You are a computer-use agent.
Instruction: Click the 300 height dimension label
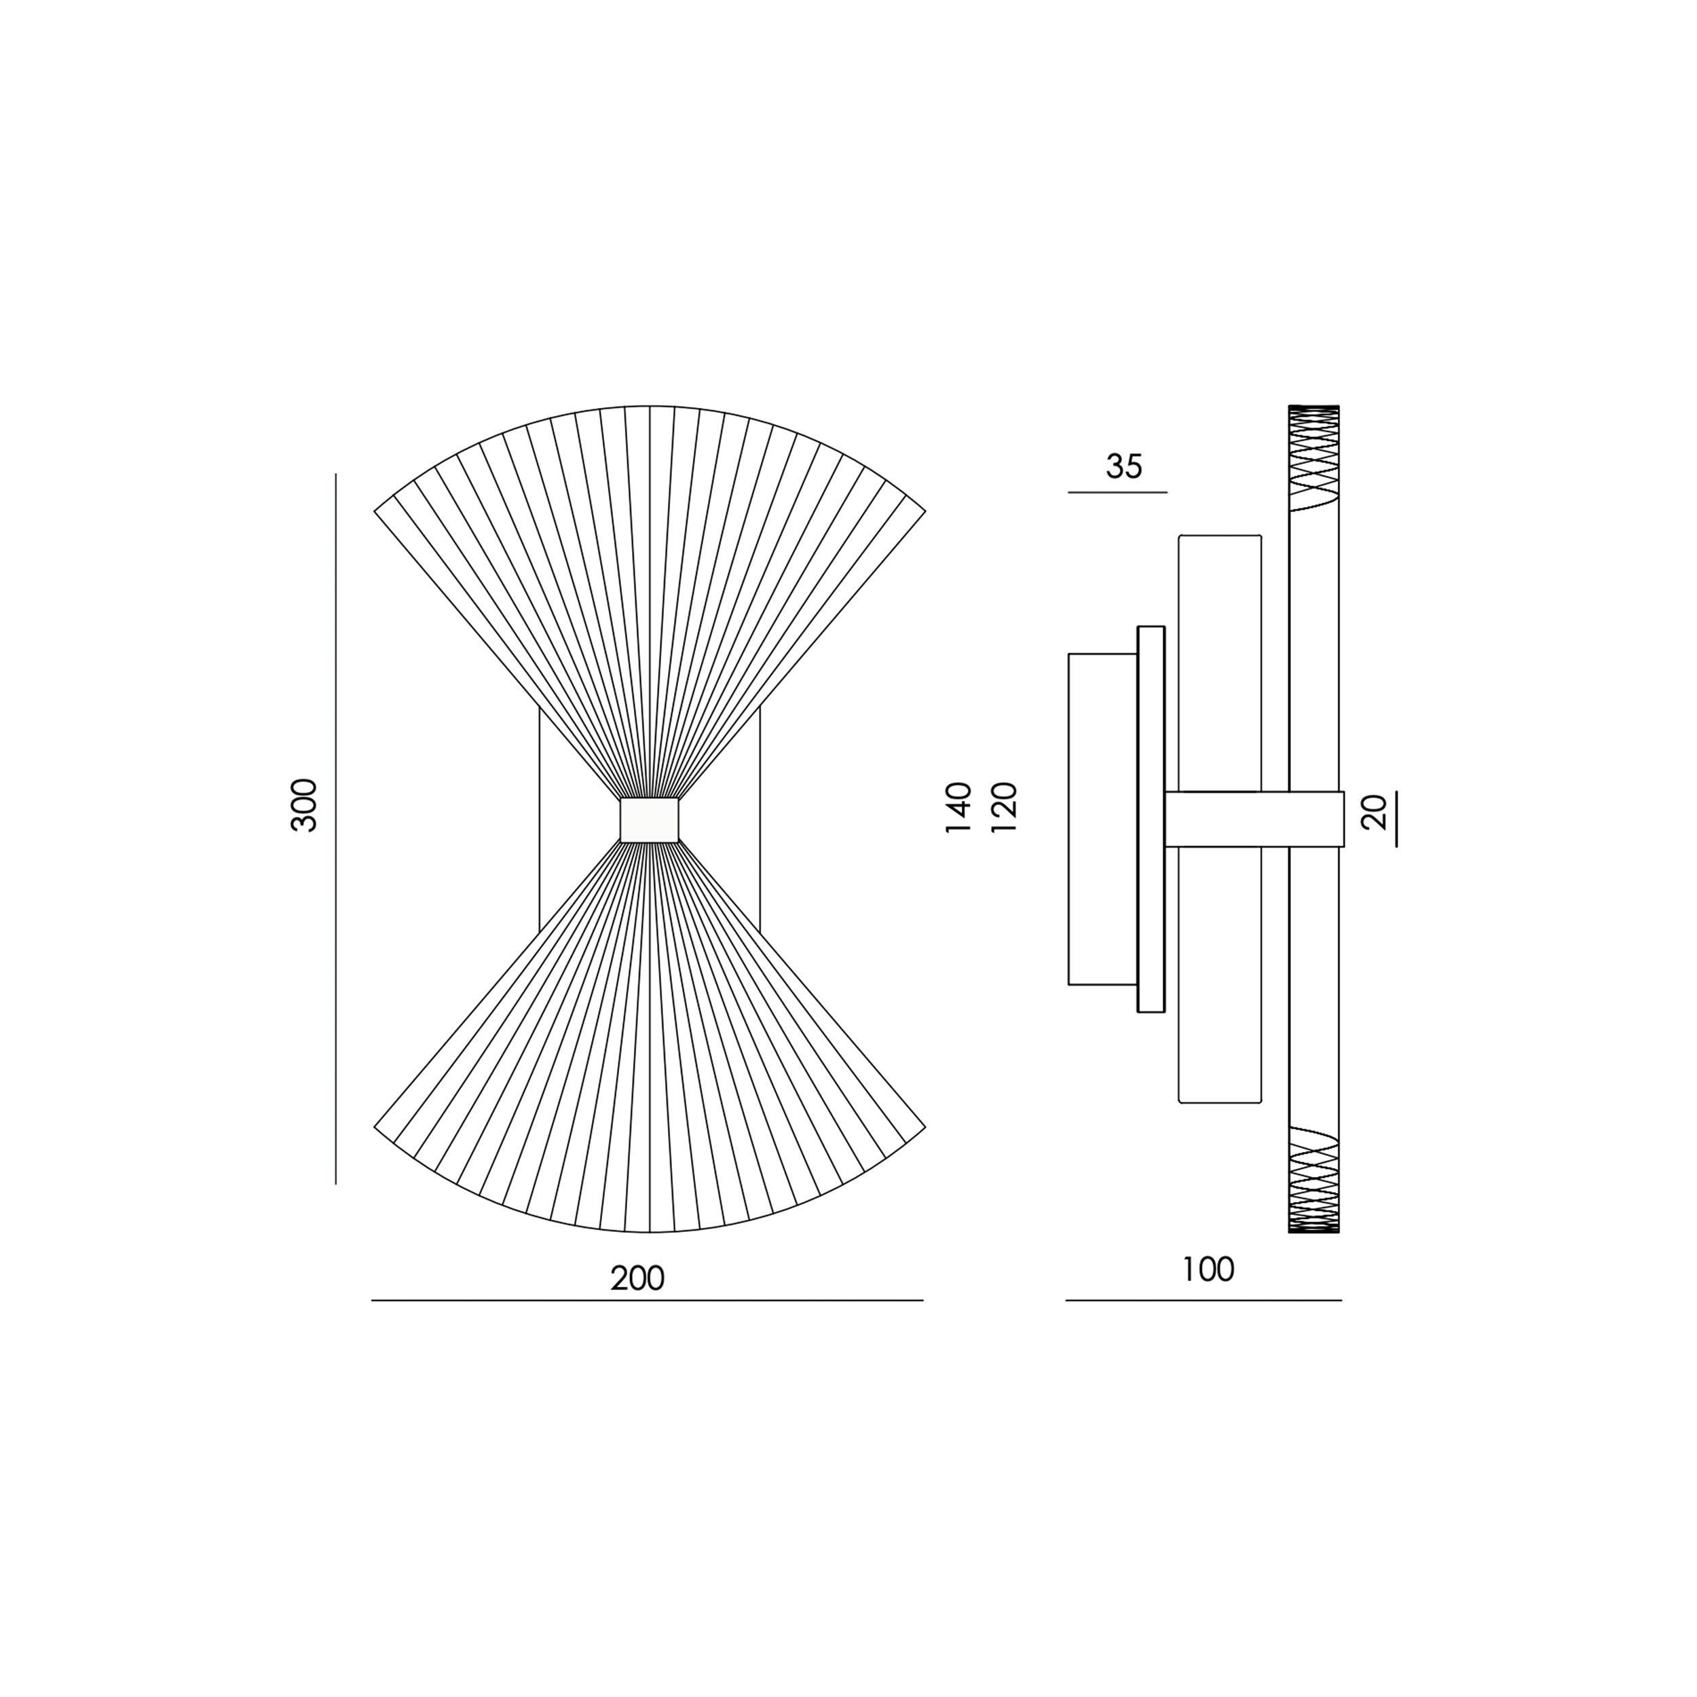[x=304, y=804]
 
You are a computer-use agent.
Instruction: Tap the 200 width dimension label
[x=637, y=1278]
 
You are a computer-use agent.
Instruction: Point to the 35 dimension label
[x=1124, y=466]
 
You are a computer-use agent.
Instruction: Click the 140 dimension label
[x=958, y=807]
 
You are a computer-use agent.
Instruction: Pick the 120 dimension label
[x=1003, y=807]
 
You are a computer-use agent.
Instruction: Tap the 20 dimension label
[x=1374, y=812]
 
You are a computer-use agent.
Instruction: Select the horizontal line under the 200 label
[x=648, y=1300]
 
